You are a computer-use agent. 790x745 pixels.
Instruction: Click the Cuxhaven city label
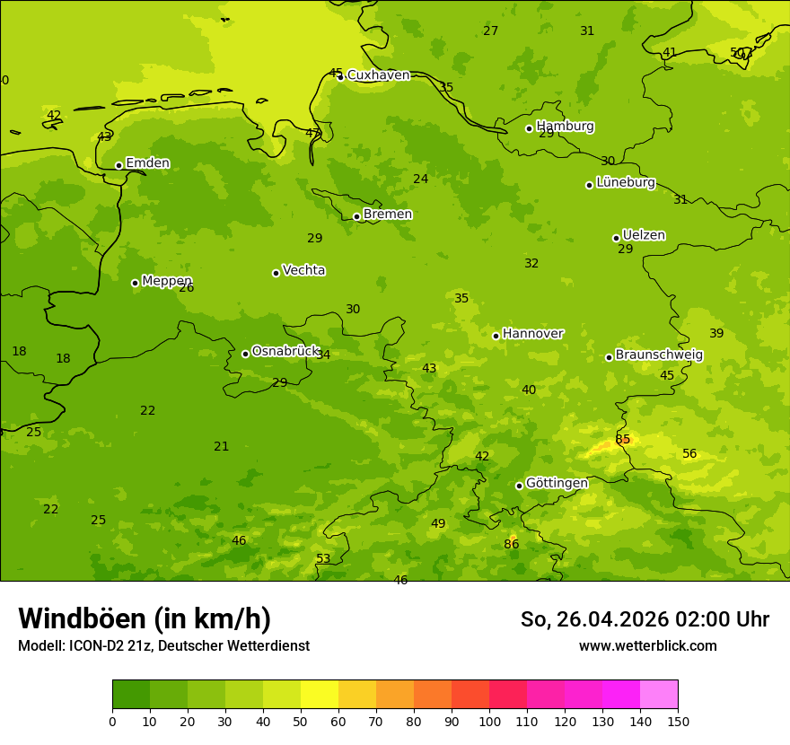378,75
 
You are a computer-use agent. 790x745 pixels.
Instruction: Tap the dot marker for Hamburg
530,128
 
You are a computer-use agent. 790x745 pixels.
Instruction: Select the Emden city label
147,163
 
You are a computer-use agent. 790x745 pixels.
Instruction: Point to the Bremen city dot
356,216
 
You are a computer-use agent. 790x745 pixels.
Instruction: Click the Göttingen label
557,483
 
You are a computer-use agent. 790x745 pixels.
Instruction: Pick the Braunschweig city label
659,355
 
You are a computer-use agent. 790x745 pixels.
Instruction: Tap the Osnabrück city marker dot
245,354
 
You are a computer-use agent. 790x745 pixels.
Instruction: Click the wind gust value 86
511,544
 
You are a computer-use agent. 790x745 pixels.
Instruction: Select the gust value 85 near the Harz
623,440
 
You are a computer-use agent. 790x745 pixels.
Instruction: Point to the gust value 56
689,454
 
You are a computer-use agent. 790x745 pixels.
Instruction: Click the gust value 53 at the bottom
323,559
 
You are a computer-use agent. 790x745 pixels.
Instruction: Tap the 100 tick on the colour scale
489,721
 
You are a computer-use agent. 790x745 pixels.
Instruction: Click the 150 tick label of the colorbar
678,721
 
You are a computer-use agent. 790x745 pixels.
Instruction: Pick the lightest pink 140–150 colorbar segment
659,695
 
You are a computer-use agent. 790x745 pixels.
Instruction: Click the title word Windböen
82,618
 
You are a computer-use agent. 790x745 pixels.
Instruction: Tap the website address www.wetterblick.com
647,646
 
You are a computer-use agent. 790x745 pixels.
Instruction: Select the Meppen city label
166,281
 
